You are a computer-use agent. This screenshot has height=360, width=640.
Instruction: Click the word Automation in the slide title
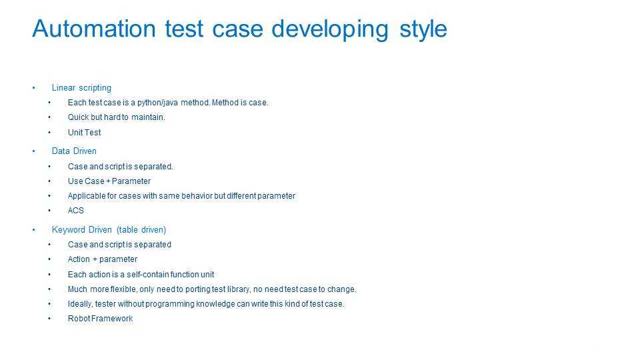coord(94,29)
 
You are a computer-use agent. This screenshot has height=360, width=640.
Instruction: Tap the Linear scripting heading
coord(81,88)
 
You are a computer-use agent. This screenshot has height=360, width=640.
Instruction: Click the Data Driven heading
coord(74,151)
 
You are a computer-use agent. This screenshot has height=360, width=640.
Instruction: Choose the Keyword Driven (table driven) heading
coord(109,230)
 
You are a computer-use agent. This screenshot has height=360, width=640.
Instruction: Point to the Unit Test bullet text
coord(84,132)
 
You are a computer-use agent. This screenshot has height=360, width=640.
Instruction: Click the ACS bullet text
coord(75,211)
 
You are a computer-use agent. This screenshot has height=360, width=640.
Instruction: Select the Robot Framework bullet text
coord(101,319)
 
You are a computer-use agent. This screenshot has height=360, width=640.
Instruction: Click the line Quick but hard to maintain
coord(116,117)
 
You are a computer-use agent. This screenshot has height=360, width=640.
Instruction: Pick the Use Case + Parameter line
coord(109,181)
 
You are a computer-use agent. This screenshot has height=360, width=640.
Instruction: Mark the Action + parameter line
coord(103,259)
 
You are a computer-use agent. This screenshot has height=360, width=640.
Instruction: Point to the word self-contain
coord(147,274)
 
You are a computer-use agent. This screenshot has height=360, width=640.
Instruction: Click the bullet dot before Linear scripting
coord(34,88)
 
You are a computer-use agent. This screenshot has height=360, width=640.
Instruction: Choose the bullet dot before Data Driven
coord(34,151)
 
